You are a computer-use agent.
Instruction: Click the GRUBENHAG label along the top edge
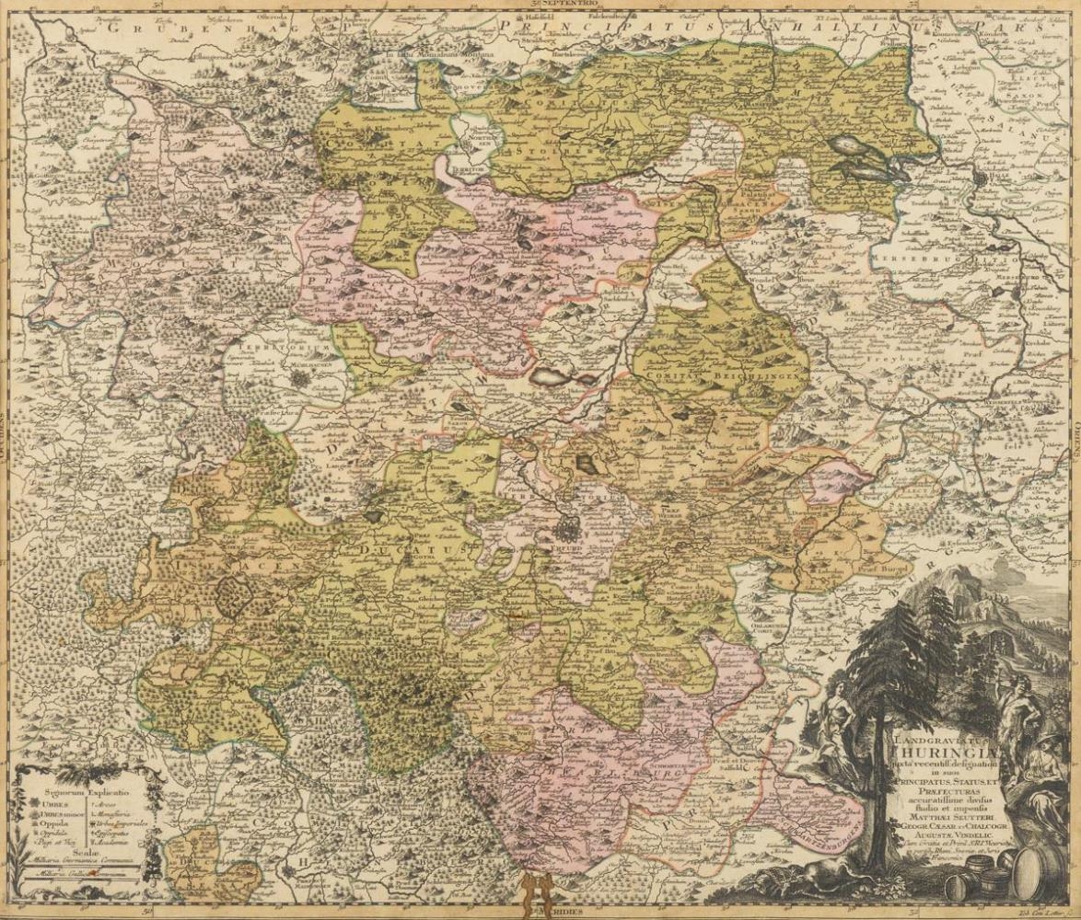152,28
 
